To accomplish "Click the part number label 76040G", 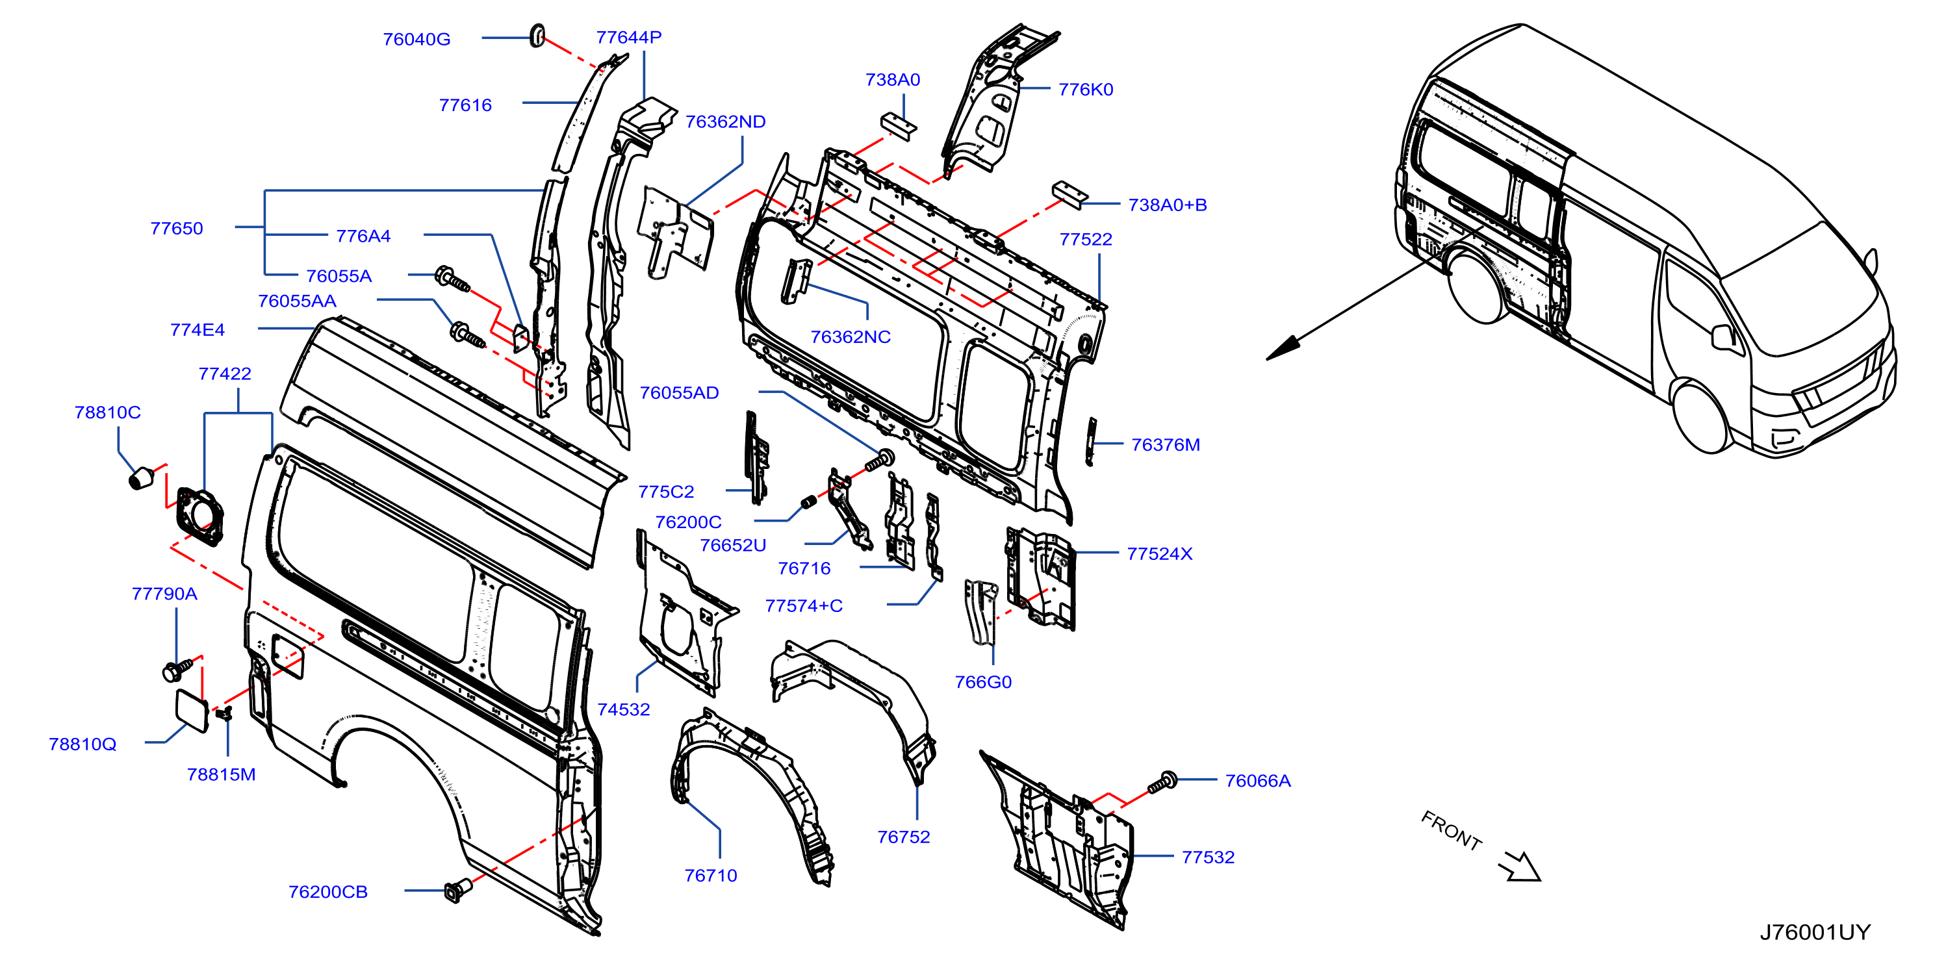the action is (416, 39).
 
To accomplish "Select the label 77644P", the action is (628, 37).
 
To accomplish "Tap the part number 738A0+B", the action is (1167, 205).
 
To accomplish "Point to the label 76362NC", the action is (851, 337).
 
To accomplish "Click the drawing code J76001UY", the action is (1815, 932).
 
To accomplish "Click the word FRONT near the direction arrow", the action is (1451, 830).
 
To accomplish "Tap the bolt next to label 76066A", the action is (1162, 782).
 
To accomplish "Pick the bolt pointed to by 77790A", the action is (177, 669).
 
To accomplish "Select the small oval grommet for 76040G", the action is (537, 34).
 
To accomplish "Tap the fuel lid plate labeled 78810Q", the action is (192, 710).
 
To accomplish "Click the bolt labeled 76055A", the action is (452, 279).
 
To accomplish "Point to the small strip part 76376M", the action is (1091, 441).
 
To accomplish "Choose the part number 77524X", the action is (1160, 553).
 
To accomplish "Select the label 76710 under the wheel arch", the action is (711, 876).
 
